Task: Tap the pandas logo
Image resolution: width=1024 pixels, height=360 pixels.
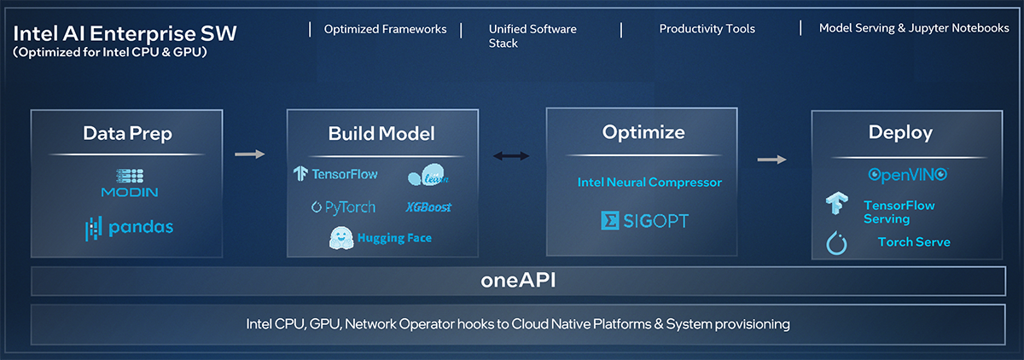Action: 130,228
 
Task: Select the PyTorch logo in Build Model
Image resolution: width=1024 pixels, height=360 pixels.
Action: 343,207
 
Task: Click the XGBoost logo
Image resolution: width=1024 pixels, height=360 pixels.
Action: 428,207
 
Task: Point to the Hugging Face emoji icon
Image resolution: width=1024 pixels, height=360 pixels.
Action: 341,238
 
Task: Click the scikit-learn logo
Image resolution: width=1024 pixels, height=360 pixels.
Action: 428,175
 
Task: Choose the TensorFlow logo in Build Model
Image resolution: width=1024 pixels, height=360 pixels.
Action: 335,174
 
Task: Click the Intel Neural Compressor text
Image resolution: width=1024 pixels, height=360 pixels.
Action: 649,183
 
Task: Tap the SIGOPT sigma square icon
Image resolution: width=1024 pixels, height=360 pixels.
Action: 610,221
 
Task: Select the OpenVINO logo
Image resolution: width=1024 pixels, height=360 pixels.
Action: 908,175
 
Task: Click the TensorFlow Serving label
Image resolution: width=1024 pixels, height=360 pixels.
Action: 899,212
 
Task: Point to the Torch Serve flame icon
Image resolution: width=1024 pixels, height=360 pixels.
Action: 836,242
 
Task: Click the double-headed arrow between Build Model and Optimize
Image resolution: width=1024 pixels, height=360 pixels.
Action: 511,156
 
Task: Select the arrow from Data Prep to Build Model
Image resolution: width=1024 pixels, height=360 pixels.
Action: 249,154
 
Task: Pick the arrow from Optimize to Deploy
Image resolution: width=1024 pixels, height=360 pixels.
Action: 771,160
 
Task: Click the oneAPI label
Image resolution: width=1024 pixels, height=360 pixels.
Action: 518,280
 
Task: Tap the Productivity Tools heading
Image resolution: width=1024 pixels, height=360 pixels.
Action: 707,29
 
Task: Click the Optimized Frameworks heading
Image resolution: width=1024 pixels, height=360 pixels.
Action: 385,29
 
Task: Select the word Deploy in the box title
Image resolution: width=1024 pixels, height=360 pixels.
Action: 900,132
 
